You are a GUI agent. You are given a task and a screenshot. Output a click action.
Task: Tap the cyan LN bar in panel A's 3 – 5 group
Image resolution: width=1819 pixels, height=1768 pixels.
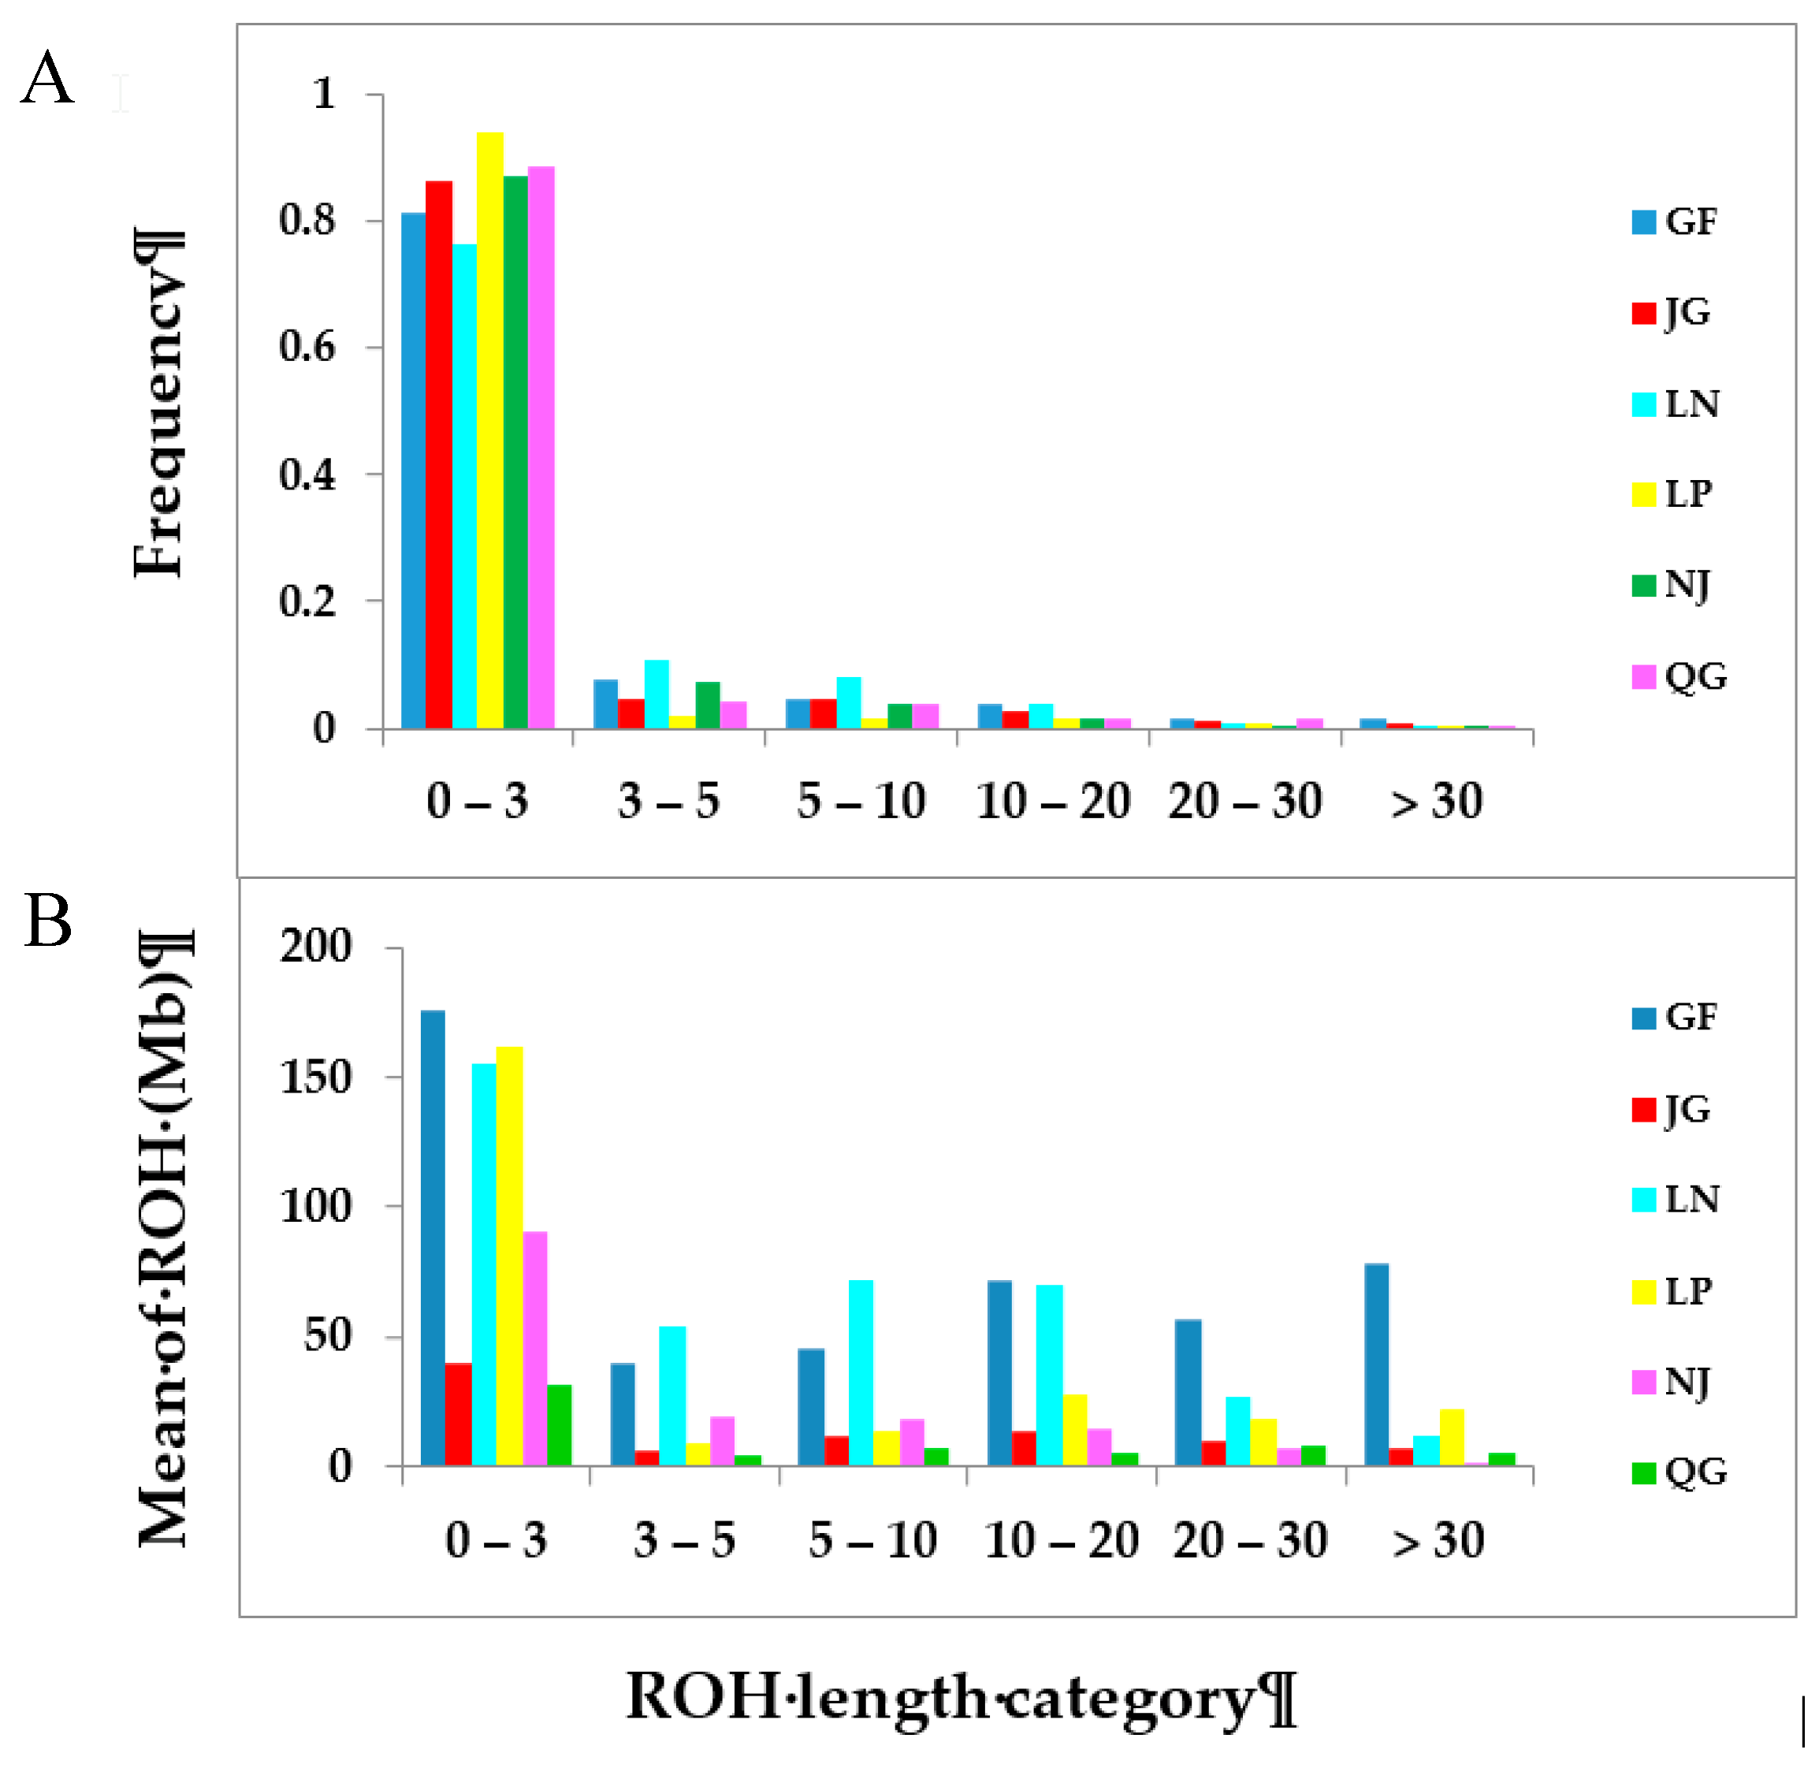tap(657, 694)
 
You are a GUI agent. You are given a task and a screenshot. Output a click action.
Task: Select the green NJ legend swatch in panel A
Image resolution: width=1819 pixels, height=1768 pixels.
tap(1643, 586)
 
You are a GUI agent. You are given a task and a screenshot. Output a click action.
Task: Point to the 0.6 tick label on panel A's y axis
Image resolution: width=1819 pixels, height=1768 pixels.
tap(307, 348)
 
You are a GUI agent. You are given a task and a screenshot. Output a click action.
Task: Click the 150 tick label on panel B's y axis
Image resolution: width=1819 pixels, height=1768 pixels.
tap(316, 1078)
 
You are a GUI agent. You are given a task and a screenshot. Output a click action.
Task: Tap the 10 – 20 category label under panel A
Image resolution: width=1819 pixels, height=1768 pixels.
tap(1053, 802)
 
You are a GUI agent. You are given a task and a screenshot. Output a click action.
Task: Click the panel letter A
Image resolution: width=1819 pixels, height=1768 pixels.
tap(47, 79)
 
